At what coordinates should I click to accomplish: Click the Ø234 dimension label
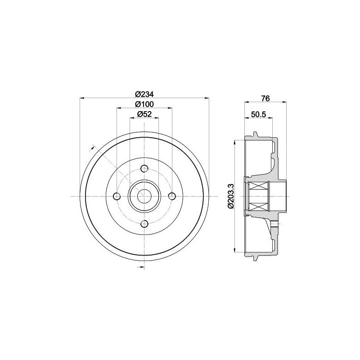click(144, 94)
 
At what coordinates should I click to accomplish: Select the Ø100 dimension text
click(144, 104)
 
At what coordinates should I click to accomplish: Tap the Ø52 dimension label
click(144, 114)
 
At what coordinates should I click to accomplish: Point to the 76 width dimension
click(265, 98)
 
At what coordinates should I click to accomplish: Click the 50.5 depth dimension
click(258, 114)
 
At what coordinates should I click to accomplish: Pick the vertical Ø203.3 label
click(231, 196)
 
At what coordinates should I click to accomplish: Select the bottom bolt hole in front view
click(144, 223)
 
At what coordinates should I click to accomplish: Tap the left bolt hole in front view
click(117, 196)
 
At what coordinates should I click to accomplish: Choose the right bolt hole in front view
click(171, 196)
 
